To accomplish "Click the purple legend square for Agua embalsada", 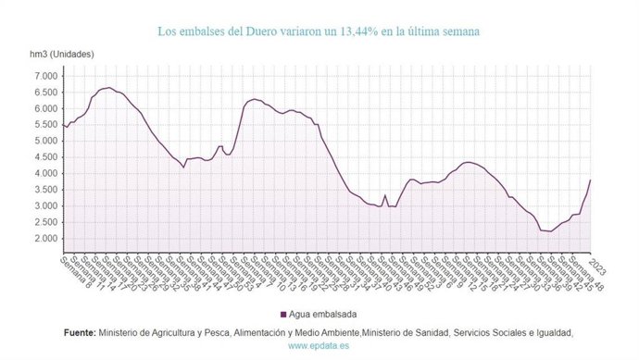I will (x=282, y=313).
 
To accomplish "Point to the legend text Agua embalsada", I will (x=324, y=313).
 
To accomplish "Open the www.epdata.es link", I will (x=319, y=346).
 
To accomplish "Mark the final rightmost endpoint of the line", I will (x=590, y=180).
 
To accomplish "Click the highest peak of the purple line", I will (x=108, y=88).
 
